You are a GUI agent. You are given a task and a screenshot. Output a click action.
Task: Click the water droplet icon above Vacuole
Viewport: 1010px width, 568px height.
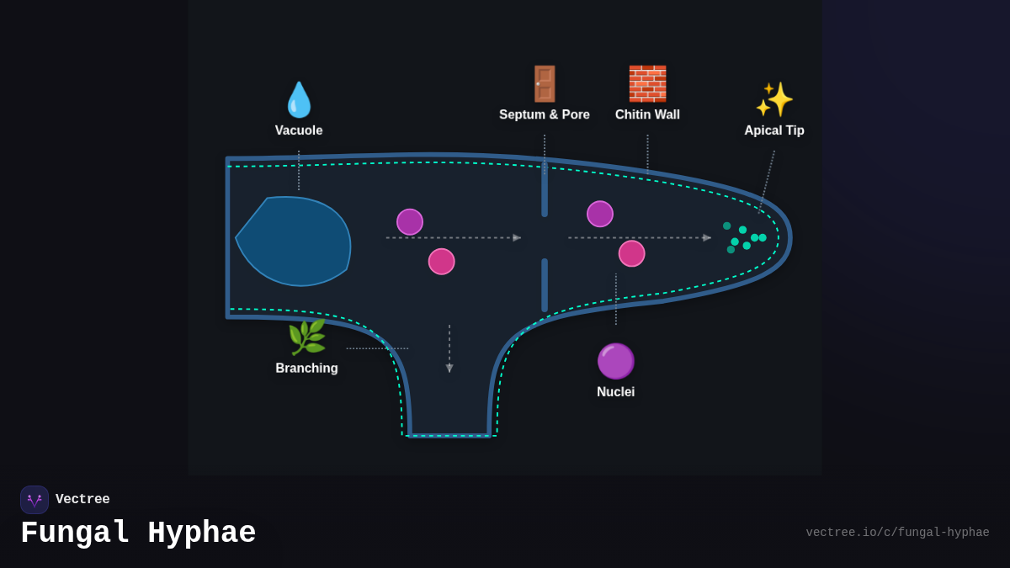point(299,100)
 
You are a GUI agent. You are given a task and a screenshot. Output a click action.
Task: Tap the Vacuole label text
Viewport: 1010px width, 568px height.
point(299,130)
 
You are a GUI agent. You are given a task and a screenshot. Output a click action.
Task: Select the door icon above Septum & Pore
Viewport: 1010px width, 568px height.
point(545,84)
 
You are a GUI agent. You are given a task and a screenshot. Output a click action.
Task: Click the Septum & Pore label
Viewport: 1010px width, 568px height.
point(545,114)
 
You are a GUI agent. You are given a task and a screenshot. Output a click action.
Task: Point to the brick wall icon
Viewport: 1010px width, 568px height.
point(647,84)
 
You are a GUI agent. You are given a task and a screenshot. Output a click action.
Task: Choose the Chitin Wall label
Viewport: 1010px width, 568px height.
point(647,114)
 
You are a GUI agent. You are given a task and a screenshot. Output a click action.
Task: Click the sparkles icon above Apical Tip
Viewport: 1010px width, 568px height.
point(774,99)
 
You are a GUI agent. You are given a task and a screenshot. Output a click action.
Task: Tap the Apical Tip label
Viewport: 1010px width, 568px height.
point(774,130)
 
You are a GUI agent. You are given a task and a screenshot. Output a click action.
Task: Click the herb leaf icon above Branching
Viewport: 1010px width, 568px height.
point(306,337)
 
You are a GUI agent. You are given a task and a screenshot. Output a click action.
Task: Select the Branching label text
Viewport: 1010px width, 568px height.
point(306,369)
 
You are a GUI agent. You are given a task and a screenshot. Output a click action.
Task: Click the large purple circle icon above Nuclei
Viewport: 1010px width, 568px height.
point(615,361)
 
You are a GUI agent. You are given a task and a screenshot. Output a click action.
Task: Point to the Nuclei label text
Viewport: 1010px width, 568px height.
point(615,392)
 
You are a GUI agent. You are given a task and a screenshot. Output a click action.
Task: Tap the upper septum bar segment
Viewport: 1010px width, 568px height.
point(545,189)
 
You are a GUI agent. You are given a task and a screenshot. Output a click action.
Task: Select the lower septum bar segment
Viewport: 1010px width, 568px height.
point(545,285)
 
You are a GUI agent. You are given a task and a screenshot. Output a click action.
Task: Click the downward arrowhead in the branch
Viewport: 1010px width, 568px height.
point(449,368)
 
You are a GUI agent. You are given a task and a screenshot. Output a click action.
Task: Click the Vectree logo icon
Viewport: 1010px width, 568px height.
point(35,500)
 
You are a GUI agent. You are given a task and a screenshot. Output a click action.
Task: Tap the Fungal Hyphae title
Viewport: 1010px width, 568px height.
point(138,533)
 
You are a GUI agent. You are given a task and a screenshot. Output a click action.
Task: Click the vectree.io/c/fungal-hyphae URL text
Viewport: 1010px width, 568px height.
point(897,533)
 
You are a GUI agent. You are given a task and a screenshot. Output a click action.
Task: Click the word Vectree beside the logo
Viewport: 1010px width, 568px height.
point(82,500)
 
